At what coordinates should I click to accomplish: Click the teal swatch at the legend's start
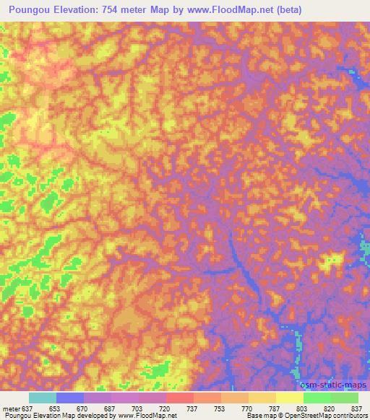click(x=42, y=398)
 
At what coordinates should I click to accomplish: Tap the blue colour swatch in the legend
click(x=70, y=398)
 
